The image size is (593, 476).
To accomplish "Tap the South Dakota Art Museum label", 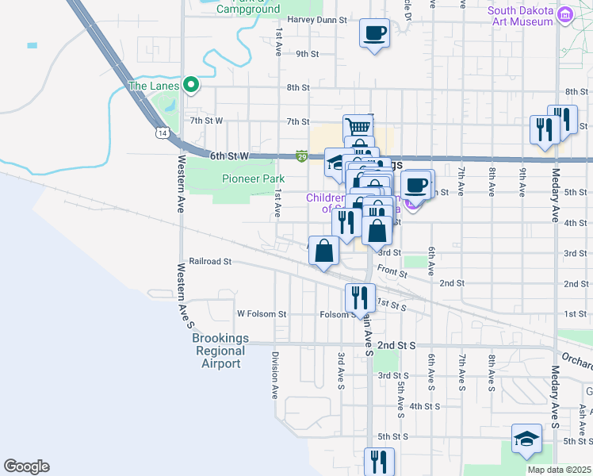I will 520,16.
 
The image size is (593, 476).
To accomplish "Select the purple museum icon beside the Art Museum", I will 565,15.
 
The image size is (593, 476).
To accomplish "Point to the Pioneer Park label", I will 253,178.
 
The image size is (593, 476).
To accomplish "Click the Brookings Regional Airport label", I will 220,351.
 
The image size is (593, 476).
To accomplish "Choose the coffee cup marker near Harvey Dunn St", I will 374,33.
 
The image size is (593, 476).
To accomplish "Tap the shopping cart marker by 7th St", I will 358,127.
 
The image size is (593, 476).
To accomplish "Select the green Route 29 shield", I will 302,157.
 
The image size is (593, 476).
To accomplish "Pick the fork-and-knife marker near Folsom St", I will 360,298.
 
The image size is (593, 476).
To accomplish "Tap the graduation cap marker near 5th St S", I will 525,440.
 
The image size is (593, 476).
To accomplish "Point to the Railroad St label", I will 210,261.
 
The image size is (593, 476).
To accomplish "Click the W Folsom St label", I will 261,314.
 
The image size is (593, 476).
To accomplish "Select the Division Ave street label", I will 275,374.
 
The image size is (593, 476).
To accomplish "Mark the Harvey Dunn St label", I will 318,20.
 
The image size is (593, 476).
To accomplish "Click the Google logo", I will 26,466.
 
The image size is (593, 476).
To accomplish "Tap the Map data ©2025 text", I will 558,470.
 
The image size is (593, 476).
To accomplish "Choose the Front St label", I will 392,272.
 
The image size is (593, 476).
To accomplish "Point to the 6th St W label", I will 230,157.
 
